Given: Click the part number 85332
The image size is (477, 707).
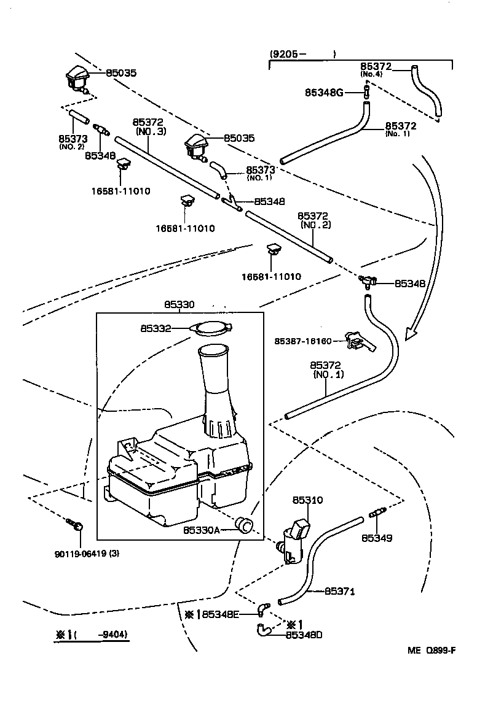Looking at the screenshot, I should click(x=156, y=329).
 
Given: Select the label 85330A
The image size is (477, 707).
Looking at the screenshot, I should click(x=202, y=529).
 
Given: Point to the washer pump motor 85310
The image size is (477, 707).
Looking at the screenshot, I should click(x=293, y=538).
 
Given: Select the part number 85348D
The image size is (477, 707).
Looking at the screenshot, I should click(x=304, y=635).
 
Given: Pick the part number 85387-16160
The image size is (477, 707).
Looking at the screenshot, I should click(x=303, y=341).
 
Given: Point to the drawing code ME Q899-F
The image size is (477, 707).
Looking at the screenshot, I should click(x=432, y=651).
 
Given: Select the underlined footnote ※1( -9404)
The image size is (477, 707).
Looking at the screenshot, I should click(x=92, y=635).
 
